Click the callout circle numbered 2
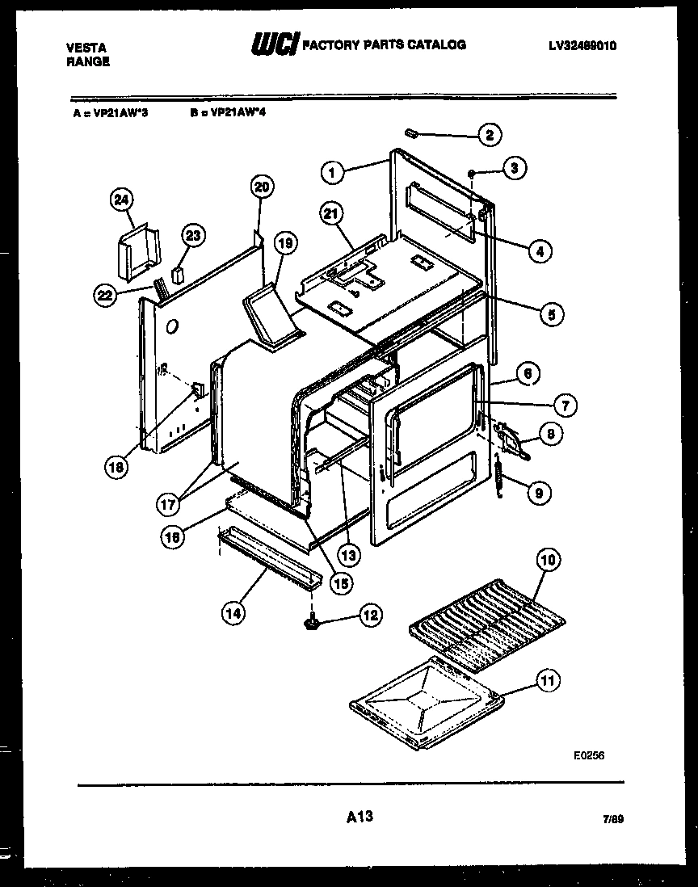(x=488, y=135)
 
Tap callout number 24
(x=122, y=199)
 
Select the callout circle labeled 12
(x=370, y=616)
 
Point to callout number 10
(x=549, y=559)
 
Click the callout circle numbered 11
(x=549, y=681)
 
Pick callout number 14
(x=233, y=613)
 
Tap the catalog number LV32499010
(x=582, y=47)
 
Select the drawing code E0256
(x=588, y=755)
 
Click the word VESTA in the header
(x=85, y=48)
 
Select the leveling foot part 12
(x=311, y=624)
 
